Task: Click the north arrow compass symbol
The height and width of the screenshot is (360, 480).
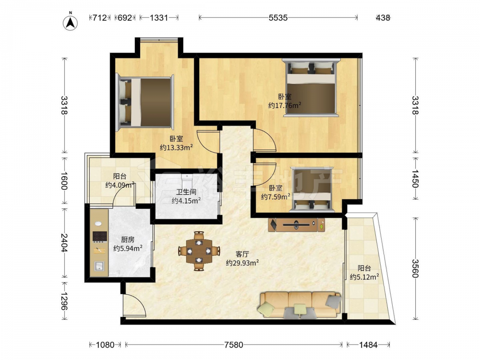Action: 70,22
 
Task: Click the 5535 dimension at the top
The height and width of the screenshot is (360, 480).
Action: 278,18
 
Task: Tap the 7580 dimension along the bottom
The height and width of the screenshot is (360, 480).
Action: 234,345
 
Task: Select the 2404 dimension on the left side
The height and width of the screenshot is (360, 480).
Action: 64,243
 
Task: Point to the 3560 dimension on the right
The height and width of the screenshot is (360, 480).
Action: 415,268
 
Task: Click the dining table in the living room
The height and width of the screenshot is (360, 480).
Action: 199,251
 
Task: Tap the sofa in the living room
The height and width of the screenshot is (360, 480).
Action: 300,305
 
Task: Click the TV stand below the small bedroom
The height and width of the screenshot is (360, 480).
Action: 296,225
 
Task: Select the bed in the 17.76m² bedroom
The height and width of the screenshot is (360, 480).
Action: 311,87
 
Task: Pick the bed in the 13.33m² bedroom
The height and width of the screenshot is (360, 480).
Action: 144,102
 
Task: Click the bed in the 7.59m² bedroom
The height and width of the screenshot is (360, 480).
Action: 312,189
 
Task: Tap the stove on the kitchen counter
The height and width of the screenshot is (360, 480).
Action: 100,236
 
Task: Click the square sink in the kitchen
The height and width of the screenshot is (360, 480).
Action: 99,266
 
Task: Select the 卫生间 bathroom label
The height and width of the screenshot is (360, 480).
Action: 186,192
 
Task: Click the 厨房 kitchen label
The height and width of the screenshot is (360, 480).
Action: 128,240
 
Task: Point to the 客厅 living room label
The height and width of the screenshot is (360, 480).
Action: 242,254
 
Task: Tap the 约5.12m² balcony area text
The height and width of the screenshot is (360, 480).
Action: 364,277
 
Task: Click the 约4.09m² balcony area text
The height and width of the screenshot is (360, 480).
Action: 120,185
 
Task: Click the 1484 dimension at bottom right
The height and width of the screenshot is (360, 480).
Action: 368,345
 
